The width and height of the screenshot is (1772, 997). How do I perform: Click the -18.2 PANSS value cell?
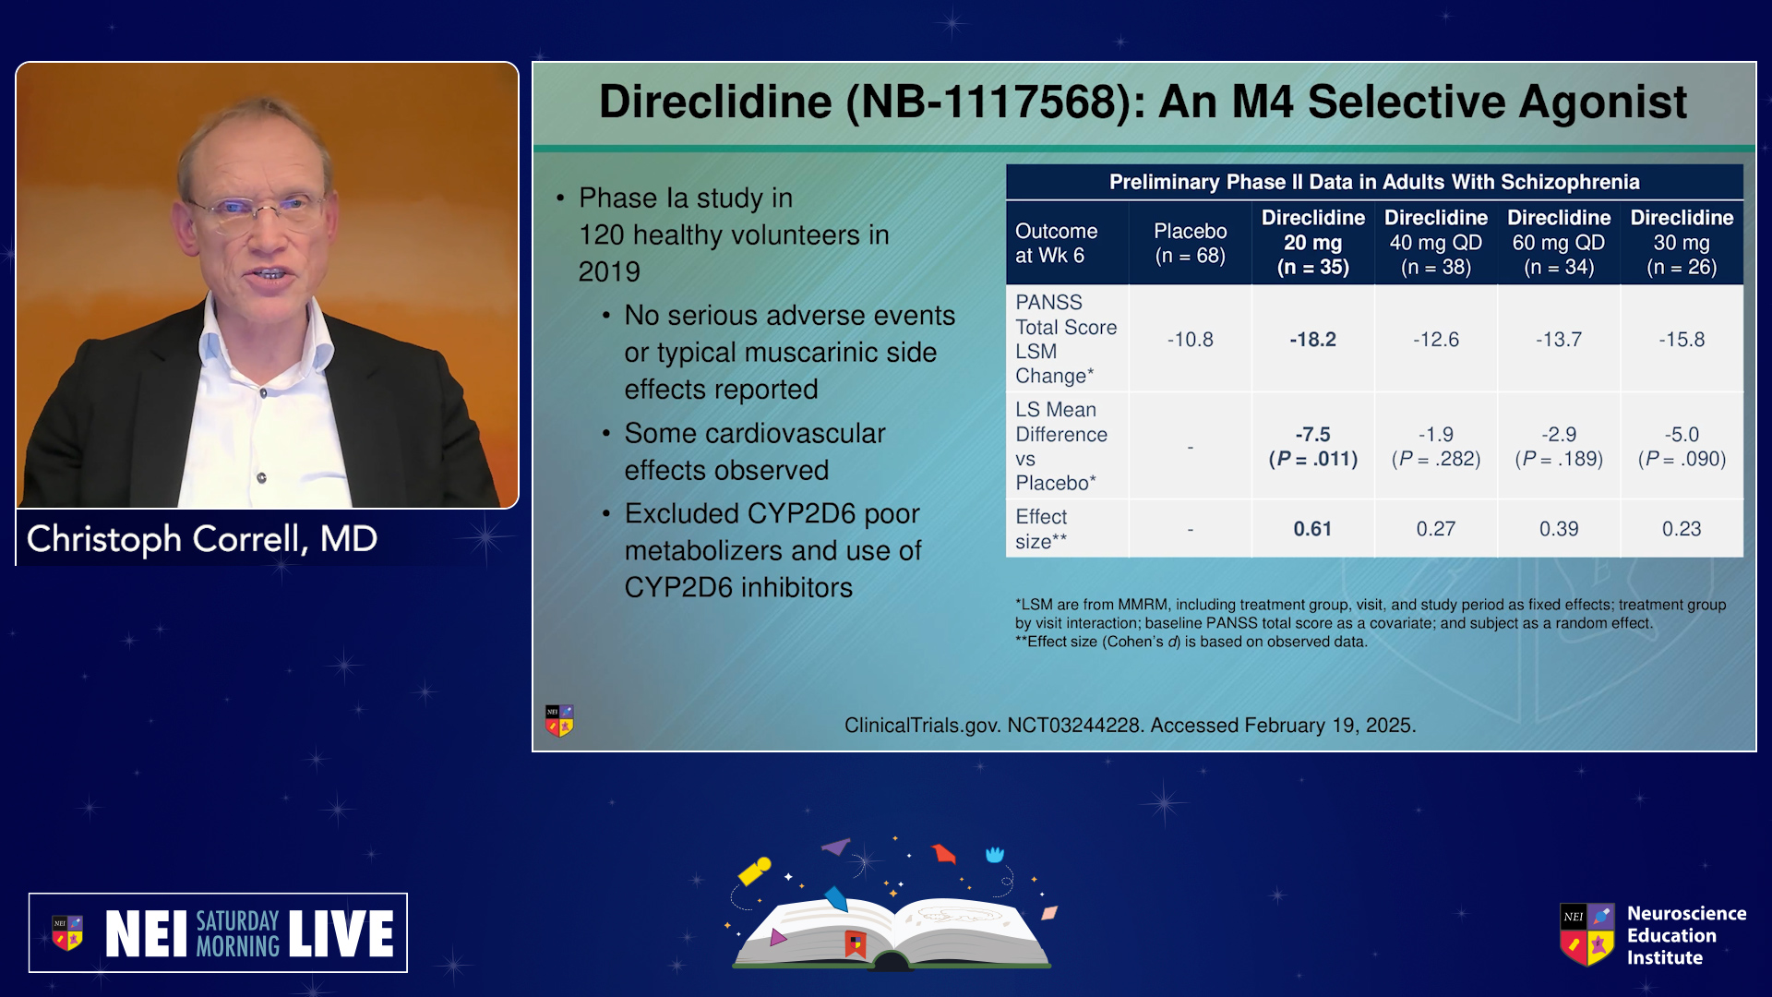(1312, 340)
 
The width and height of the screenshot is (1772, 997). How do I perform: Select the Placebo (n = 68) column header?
(1190, 243)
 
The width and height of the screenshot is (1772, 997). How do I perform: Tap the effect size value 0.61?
(1312, 529)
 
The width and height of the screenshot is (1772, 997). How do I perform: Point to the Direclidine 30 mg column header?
(1682, 243)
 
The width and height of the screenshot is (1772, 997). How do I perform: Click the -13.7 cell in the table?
(1559, 340)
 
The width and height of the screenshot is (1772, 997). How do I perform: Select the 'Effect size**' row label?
(1042, 529)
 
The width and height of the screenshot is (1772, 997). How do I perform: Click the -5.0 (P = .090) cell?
(1682, 447)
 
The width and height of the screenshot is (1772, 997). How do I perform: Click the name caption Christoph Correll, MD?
(202, 539)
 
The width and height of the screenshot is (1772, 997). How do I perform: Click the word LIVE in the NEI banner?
(341, 933)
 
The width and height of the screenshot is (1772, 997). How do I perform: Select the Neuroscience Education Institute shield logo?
(1587, 934)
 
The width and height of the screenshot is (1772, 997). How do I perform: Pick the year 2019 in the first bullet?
(609, 272)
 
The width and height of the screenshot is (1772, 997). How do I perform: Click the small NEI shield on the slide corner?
(559, 720)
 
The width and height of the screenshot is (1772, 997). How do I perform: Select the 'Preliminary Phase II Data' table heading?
(1374, 182)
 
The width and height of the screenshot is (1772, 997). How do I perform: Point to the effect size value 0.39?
(1559, 529)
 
